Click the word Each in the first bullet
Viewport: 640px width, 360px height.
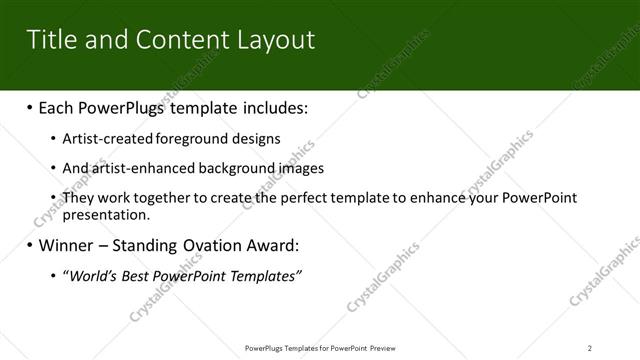[58, 106]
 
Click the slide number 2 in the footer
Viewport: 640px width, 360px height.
[590, 348]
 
